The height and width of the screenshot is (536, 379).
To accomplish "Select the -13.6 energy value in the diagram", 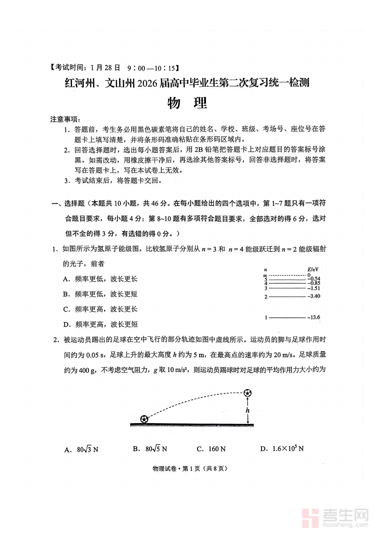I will (x=315, y=317).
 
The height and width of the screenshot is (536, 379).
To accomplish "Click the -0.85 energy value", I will (x=314, y=283).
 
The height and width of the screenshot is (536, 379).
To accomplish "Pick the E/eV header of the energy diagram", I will (x=313, y=269).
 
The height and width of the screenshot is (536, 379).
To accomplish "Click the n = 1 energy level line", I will (x=287, y=317).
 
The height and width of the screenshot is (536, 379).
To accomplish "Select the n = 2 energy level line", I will (x=287, y=296).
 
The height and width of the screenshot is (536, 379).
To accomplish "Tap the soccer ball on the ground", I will (x=144, y=419).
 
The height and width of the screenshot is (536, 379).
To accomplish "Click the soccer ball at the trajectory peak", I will (x=248, y=393).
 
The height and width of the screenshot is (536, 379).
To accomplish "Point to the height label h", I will (x=248, y=410).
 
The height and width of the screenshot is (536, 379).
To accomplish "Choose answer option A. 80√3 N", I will (x=82, y=449).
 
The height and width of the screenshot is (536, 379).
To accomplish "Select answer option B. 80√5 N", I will (x=150, y=449).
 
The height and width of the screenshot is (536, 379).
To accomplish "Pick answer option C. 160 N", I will (x=211, y=449).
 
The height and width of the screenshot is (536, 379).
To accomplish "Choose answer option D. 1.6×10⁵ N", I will (x=282, y=449).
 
